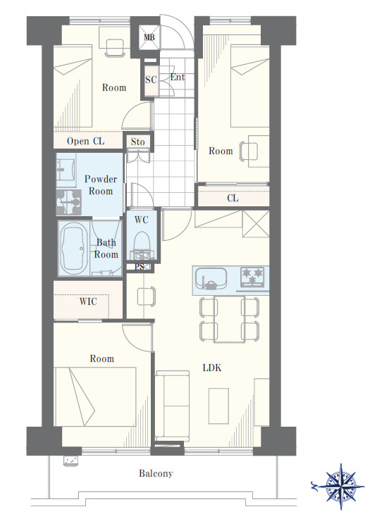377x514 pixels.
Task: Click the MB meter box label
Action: pos(149,37)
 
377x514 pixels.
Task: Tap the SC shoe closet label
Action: pos(151,80)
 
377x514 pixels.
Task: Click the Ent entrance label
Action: pos(177,77)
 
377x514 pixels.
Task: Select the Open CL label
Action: pos(86,142)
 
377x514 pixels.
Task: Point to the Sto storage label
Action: pos(137,142)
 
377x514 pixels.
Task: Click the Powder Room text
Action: pos(100,185)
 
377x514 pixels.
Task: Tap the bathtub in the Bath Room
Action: pos(74,248)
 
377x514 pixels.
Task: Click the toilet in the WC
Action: pos(142,245)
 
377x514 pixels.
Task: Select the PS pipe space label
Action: pos(140,267)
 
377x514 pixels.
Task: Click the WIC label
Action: pos(88,301)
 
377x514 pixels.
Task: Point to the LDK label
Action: pos(212,368)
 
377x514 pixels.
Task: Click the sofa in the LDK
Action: pos(172,406)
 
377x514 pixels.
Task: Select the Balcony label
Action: pos(156,473)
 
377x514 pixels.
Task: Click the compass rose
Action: pos(339,486)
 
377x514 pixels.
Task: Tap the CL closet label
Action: pos(233,198)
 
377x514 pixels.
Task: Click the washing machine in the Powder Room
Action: pos(68,202)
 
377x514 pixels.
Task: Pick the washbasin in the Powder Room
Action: pos(66,170)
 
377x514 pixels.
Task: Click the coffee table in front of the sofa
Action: pos(219,406)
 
